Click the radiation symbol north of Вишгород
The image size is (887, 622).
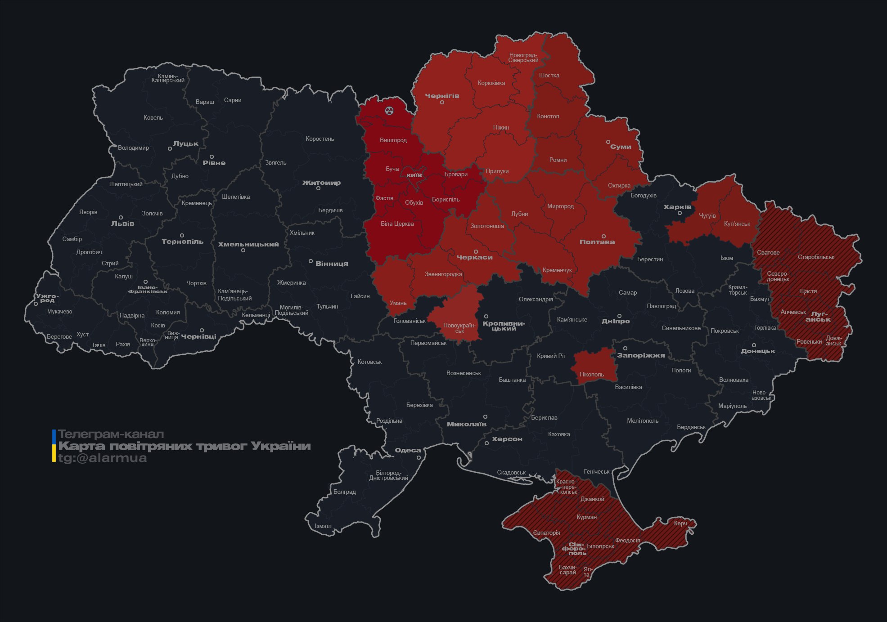pos(389,111)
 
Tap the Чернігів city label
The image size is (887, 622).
pos(442,96)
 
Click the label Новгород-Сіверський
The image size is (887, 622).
pos(523,58)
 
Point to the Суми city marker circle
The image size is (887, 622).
pos(608,142)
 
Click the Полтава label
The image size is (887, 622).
pos(597,242)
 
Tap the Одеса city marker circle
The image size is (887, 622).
pos(419,458)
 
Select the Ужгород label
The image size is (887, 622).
pos(47,298)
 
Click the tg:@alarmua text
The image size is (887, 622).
pos(102,458)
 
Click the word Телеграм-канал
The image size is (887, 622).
pos(111,434)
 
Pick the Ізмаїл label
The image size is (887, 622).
pos(323,526)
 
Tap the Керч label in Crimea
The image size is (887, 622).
pos(680,523)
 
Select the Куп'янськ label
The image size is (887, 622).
pos(737,224)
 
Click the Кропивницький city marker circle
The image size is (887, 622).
pos(486,317)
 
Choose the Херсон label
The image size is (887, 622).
pos(507,439)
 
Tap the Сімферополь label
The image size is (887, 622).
pos(574,549)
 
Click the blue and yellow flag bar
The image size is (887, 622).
pos(54,446)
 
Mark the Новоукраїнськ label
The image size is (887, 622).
pos(459,328)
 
